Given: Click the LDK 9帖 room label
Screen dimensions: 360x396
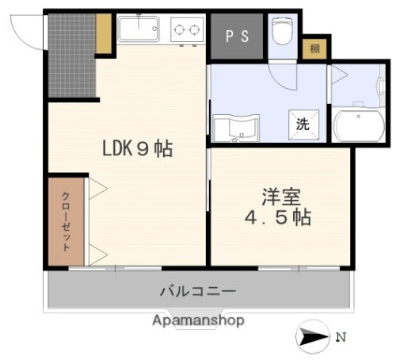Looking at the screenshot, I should point(136,147).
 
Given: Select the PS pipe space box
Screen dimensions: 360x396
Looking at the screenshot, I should point(236,36).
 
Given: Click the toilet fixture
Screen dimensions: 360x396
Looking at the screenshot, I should point(282,33).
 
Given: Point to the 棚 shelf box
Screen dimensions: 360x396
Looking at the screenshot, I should point(314,48).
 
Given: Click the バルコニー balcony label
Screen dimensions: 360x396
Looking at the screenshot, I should point(197,291).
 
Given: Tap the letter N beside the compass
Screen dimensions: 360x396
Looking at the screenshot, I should point(341,337).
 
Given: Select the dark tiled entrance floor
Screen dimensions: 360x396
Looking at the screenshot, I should point(72,56).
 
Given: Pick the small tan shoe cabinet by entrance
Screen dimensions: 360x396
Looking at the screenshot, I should point(103,32).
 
